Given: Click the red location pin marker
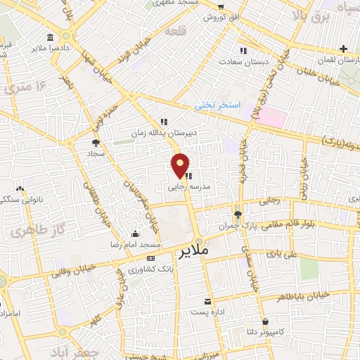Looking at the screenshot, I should point(181,165).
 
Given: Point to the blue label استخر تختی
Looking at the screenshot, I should point(218,105).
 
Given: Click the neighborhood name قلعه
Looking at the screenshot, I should point(177,32).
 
